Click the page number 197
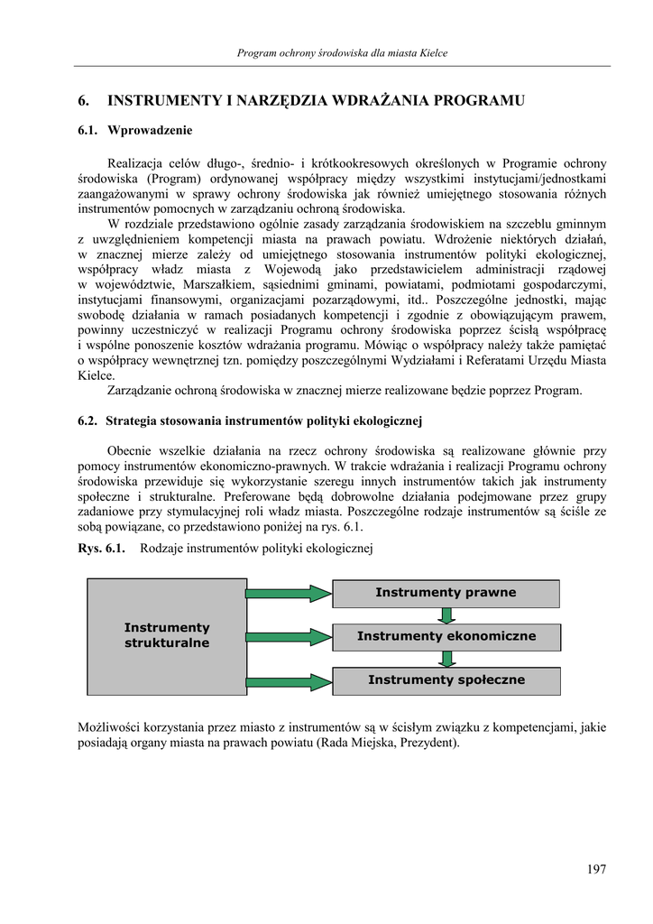(596, 869)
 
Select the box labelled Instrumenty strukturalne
(167, 635)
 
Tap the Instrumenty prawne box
(446, 593)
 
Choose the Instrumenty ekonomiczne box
(446, 636)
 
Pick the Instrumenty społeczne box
(446, 679)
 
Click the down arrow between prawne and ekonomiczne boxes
(446, 615)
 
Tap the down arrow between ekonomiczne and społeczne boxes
(446, 659)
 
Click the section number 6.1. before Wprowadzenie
(87, 131)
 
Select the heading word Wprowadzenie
(150, 131)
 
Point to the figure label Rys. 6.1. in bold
(101, 549)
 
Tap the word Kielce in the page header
(433, 53)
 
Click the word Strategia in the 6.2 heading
(133, 420)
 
